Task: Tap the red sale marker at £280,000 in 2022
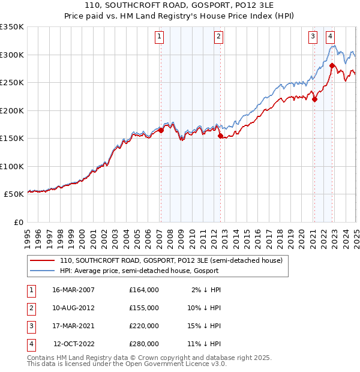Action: [x=332, y=65]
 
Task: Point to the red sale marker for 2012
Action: [x=220, y=136]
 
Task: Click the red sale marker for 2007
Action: [x=161, y=130]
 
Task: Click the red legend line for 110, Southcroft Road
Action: [x=42, y=261]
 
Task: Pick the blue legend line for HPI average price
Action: [x=42, y=271]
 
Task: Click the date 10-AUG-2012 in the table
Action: [x=74, y=308]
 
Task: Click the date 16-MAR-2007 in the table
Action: [x=74, y=290]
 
